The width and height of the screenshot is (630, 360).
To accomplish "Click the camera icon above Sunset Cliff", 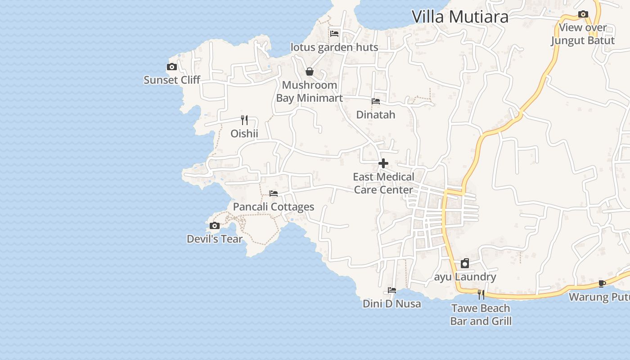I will [172, 67].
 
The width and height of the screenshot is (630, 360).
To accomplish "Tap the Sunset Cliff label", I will [172, 80].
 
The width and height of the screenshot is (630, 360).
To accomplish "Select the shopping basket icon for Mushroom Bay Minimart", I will [310, 72].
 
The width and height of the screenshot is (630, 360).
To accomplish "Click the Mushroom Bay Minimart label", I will [310, 91].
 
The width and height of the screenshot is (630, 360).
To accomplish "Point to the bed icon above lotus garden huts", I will [334, 33].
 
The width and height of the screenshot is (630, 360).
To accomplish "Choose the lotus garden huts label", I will [334, 47].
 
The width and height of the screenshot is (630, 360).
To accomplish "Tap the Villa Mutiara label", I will [460, 17].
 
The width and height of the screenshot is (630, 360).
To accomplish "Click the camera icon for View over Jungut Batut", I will [583, 14].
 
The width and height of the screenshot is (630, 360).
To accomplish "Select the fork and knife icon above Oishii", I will [244, 120].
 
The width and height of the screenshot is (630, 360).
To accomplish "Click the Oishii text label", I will [244, 134].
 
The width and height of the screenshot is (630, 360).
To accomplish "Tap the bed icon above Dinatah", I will [376, 101].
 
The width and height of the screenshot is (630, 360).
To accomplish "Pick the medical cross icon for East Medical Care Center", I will [383, 163].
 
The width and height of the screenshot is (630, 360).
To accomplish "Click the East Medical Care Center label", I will [383, 183].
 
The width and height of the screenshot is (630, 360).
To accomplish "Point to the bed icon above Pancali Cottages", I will [274, 193].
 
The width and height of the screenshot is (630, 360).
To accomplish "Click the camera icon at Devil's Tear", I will [215, 226].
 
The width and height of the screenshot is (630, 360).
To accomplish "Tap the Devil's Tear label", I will [215, 239].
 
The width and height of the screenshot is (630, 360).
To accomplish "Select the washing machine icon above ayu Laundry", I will [465, 263].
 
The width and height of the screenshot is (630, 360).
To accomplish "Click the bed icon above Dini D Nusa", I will [392, 290].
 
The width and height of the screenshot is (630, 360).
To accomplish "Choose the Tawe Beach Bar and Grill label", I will [481, 315].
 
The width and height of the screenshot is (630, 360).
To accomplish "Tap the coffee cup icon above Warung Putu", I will [602, 283].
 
